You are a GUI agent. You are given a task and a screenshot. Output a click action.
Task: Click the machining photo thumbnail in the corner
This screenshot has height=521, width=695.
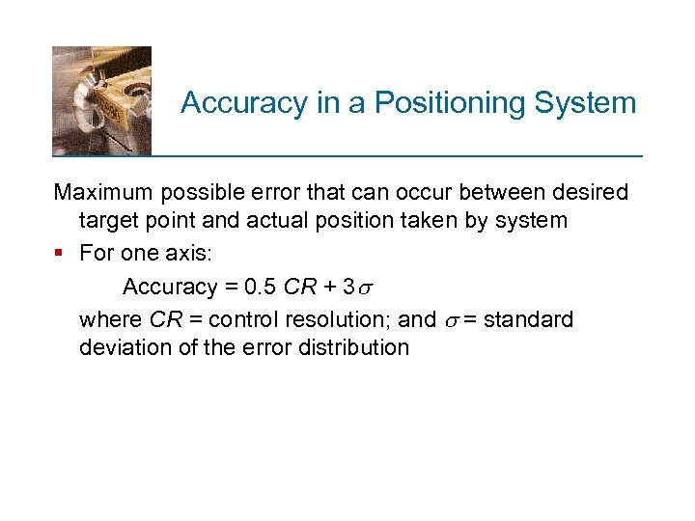pos(101,99)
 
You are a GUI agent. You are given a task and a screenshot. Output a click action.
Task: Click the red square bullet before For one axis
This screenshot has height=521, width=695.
pos(60,254)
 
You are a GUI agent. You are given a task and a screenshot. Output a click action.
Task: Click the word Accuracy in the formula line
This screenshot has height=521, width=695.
pos(171,287)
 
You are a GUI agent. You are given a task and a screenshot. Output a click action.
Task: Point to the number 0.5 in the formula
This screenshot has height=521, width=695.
pos(262,287)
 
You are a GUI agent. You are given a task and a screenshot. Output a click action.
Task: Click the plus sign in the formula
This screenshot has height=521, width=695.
pos(329,287)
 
